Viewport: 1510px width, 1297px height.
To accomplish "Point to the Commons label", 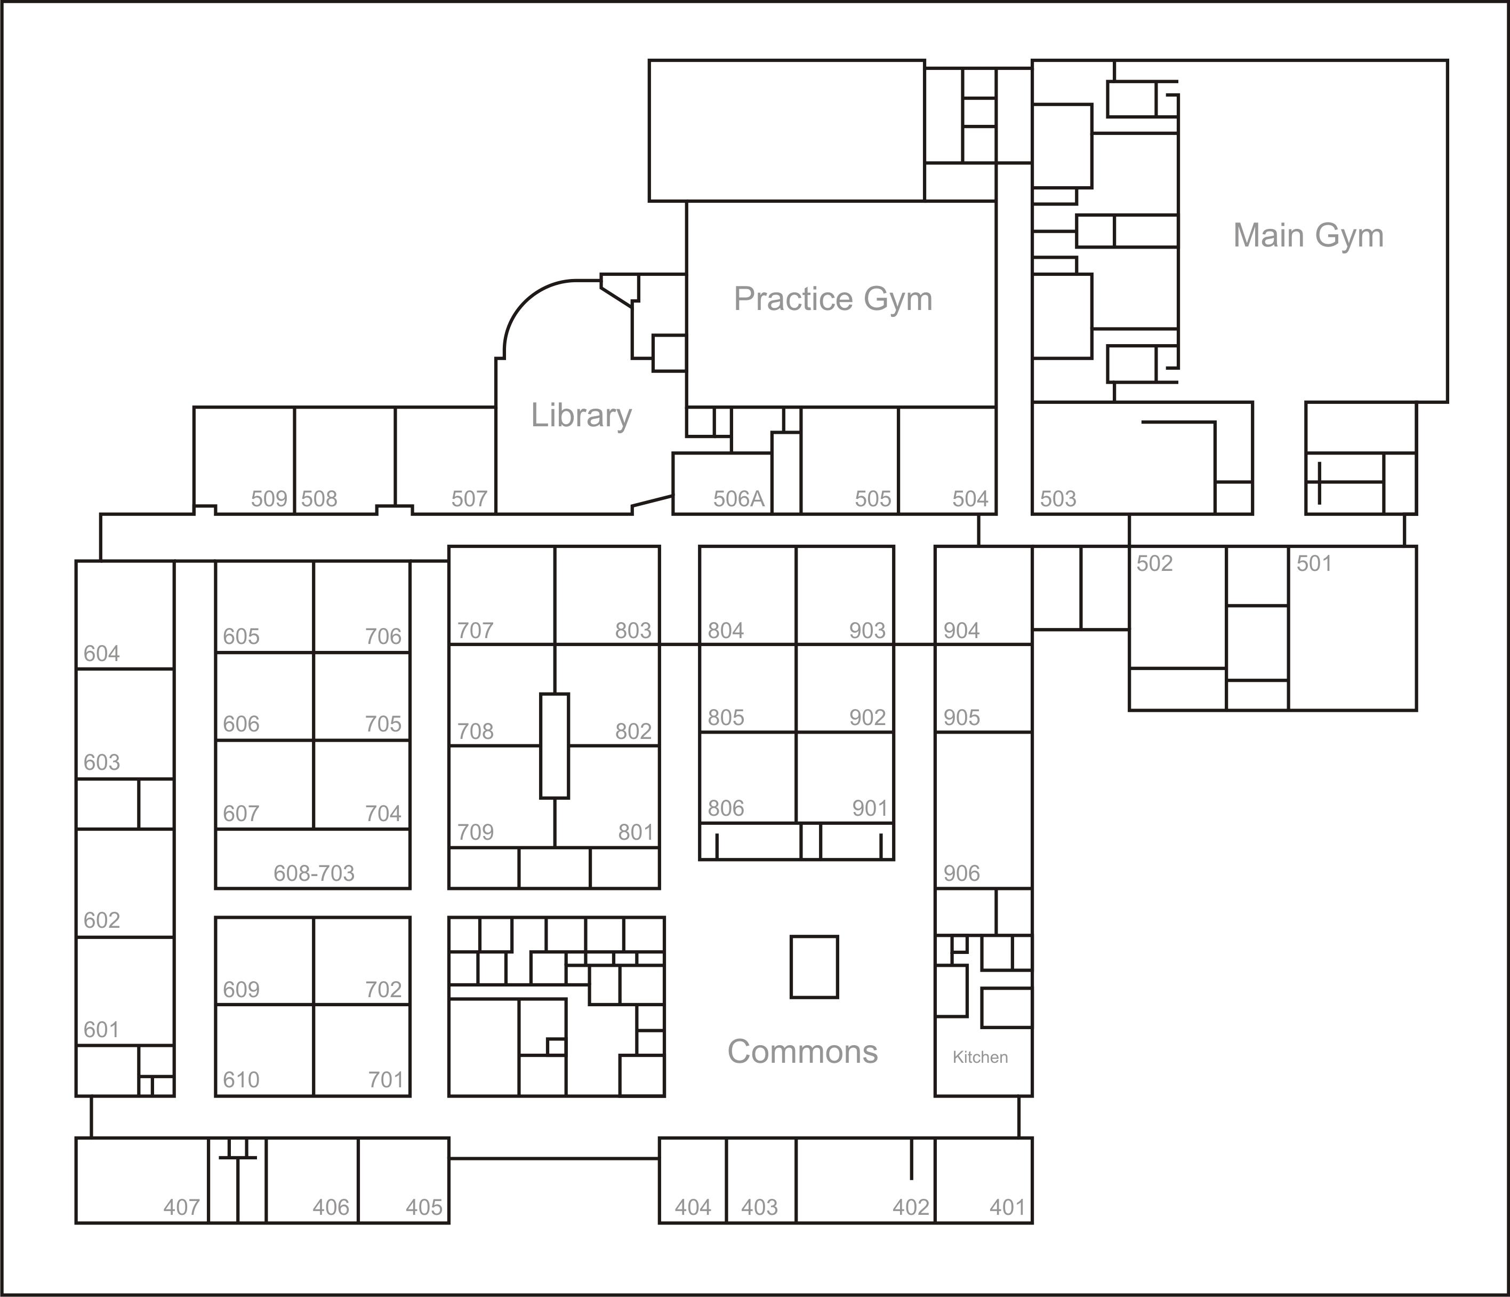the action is [x=802, y=1051].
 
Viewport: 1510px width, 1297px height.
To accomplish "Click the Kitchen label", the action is [x=980, y=1057].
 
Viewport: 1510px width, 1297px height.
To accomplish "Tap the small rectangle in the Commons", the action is [x=814, y=966].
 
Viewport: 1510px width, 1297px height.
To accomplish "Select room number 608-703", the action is [x=314, y=873].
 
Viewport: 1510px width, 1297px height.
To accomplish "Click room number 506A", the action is [x=739, y=499].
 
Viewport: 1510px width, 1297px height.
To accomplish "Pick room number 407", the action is [x=181, y=1207].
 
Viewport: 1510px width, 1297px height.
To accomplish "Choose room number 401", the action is [x=1008, y=1207].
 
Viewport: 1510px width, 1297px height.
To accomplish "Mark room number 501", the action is [x=1314, y=563].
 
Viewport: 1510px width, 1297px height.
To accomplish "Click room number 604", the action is [x=101, y=653].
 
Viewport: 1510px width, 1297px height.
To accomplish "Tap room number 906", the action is [x=961, y=873].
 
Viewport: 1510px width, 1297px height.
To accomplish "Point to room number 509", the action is [x=269, y=499].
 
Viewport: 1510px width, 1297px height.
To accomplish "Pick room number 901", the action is [x=870, y=808].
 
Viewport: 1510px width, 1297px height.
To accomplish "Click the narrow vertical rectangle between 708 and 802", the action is [x=555, y=746].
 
